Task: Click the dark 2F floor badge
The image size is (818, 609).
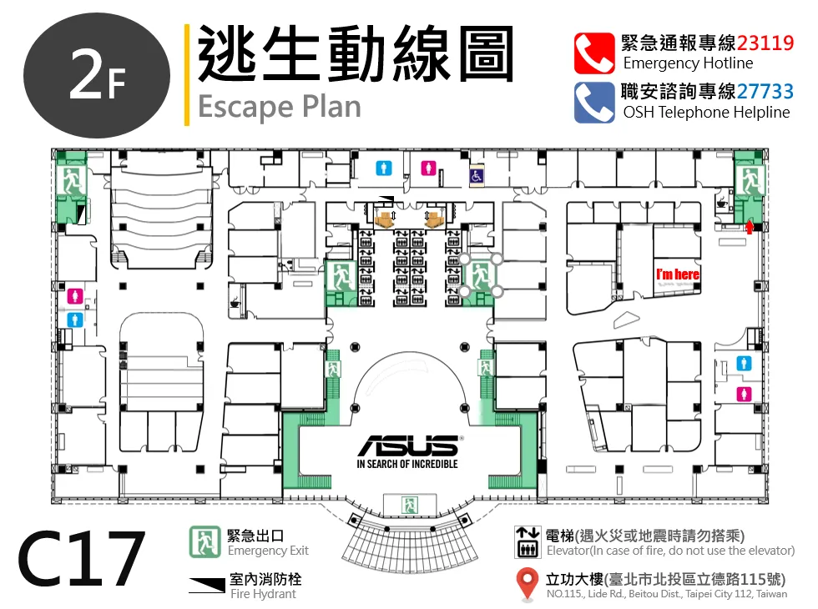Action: pos(97,76)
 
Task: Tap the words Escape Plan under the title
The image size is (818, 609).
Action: pos(279,107)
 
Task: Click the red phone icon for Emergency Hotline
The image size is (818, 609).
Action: pos(594,53)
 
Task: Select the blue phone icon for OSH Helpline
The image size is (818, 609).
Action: pos(594,102)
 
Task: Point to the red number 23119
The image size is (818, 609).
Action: pos(765,43)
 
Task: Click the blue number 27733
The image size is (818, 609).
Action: pos(765,92)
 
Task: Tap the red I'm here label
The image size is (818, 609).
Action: pos(678,274)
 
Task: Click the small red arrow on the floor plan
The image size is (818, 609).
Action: pos(750,227)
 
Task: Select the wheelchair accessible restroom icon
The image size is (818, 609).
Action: pos(476,176)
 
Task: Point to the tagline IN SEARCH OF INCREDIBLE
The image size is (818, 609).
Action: pos(407,464)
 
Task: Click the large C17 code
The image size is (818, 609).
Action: pos(81,559)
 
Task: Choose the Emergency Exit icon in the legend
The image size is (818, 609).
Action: pos(204,541)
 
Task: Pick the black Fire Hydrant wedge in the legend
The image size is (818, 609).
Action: pos(207,585)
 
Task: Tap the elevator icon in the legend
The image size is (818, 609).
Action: pos(528,542)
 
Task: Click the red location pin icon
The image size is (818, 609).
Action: pos(528,583)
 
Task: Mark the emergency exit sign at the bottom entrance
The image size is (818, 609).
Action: pos(410,505)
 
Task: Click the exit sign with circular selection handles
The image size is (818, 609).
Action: pos(481,274)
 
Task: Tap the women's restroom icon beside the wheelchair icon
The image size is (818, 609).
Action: pos(428,168)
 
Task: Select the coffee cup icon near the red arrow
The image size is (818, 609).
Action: pos(722,202)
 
